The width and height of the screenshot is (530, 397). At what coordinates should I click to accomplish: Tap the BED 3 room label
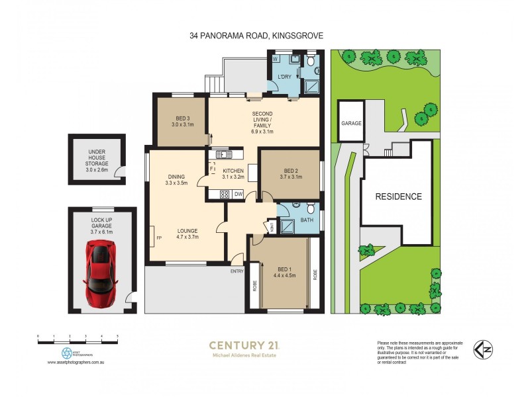pos(178,117)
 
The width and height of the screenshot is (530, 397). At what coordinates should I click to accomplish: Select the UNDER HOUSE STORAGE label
pos(97,160)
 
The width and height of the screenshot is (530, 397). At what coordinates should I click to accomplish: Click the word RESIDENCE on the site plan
pos(398,197)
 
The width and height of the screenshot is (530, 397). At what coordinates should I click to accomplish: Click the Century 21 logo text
pos(244,345)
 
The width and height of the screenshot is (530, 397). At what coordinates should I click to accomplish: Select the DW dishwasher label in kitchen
pos(238,194)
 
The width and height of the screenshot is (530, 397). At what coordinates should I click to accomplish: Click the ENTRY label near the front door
pos(237,271)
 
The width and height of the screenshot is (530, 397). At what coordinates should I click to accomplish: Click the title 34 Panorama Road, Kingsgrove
pos(256,36)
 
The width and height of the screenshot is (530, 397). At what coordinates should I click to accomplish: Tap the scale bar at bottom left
pos(78,341)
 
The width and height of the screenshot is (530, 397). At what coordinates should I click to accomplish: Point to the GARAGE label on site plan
pos(350,123)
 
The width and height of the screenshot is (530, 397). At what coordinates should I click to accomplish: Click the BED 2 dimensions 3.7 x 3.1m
pos(291,177)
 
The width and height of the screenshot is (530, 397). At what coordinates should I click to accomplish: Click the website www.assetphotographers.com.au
pos(78,363)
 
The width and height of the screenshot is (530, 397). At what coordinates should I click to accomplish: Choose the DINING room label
pos(176,177)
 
